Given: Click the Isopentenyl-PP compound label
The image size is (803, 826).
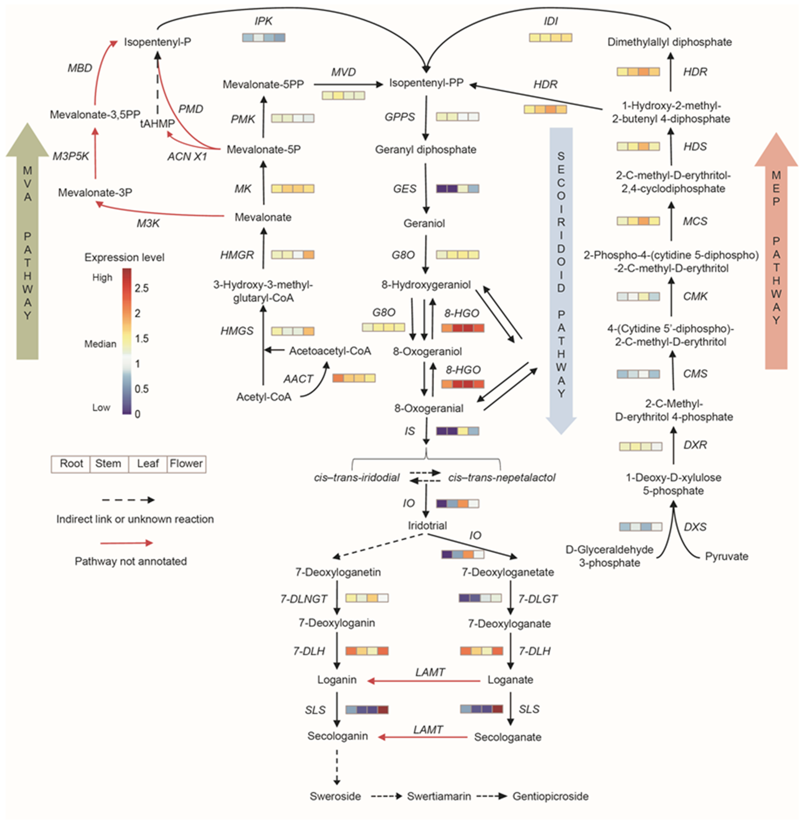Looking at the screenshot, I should [x=426, y=83].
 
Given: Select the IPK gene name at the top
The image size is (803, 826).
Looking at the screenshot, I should [x=264, y=21].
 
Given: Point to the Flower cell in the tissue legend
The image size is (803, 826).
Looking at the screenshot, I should [x=186, y=464].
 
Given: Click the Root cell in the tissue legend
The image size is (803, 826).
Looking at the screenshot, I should [x=71, y=464].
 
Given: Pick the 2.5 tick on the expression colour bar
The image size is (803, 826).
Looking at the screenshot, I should [x=141, y=288].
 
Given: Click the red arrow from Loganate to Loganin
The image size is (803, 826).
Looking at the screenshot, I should [x=424, y=681].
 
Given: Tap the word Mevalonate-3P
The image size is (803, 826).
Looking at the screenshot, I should [x=95, y=193].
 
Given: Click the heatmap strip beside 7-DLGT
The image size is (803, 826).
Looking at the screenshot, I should [x=480, y=598].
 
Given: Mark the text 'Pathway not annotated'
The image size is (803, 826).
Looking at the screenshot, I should [x=131, y=561].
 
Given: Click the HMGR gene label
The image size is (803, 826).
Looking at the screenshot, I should [x=237, y=255].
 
